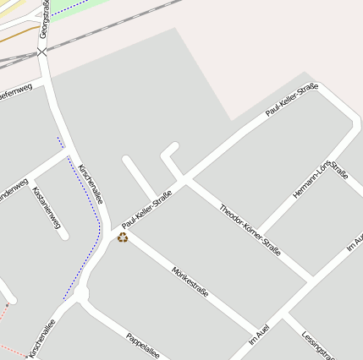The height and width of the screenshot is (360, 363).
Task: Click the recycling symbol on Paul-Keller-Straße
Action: [123, 237]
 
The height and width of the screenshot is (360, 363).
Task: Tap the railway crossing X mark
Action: [42, 52]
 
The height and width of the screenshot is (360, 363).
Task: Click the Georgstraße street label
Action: [44, 19]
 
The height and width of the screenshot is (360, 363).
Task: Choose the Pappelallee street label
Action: [142, 344]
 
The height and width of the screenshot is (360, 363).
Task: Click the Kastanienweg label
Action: [47, 208]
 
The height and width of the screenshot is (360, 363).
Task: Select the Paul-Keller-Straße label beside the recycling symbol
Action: [147, 209]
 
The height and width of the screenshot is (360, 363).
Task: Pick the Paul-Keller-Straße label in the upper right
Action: [291, 100]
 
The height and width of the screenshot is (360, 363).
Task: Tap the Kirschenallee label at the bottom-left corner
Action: [42, 338]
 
